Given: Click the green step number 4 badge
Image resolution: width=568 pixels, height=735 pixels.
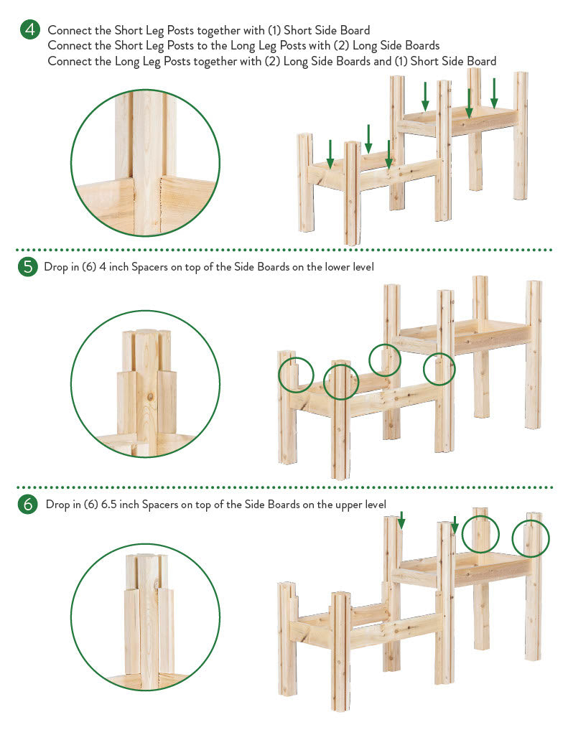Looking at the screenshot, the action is point(30,29).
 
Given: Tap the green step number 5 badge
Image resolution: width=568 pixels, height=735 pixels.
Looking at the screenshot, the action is point(28,267).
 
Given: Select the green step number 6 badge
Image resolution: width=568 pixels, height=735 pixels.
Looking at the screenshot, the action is point(28,504).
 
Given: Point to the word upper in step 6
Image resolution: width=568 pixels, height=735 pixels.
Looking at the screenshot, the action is point(350,505).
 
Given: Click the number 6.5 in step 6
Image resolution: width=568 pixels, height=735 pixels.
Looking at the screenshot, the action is point(109,505).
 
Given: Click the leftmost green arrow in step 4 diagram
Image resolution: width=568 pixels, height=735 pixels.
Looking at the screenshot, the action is point(330,154).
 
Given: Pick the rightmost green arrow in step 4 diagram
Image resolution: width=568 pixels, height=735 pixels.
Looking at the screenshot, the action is point(494,93).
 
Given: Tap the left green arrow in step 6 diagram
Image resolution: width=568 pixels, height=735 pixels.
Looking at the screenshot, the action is point(401,520).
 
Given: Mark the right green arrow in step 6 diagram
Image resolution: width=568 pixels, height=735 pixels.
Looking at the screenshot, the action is point(455,525).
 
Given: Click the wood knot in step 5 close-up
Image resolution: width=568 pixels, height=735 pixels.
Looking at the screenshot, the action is point(150,396).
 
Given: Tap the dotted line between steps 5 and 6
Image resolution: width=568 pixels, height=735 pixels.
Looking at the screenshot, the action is point(284,487).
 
